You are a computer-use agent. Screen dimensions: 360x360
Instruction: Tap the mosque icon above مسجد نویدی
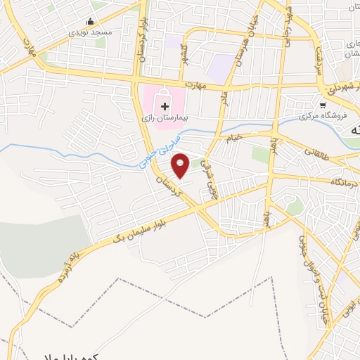click(x=89, y=22)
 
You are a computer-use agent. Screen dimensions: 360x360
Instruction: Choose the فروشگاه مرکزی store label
click(x=322, y=115)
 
